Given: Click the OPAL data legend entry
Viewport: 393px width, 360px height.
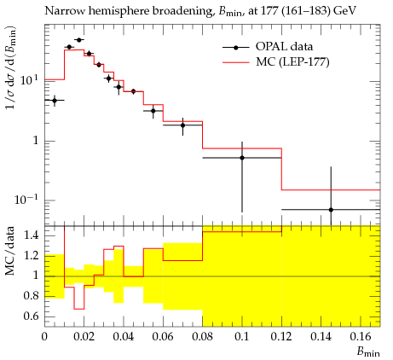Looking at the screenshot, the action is [268, 47].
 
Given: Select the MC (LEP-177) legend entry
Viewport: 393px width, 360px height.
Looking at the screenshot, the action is [276, 61].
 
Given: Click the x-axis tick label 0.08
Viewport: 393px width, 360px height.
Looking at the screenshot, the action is [202, 337].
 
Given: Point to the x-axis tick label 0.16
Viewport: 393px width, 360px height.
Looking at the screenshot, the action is [361, 337].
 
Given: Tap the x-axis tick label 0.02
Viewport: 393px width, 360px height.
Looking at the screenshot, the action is [84, 337].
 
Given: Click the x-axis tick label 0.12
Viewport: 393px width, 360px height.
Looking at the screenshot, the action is [281, 337].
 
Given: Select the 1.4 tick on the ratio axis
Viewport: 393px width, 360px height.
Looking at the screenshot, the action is [32, 235].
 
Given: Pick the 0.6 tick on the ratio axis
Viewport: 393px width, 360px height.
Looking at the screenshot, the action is [32, 316].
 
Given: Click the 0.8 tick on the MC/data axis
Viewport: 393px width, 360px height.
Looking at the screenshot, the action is [32, 296].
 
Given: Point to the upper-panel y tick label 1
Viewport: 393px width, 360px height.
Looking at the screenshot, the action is [36, 141].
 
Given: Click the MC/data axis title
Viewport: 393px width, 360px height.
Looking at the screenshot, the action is [10, 251].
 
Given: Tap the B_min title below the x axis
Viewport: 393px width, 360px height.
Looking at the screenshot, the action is [368, 352].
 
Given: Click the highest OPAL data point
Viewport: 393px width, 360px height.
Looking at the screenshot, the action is [79, 40].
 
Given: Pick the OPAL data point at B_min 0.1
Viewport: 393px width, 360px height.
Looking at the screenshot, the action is [242, 158].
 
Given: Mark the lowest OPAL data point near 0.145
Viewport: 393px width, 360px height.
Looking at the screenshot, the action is [331, 210].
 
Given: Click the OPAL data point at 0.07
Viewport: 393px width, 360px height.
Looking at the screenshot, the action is [182, 125].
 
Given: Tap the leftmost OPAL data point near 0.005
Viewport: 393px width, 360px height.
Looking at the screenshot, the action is [55, 101].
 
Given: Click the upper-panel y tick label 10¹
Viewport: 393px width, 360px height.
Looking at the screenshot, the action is [30, 80].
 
